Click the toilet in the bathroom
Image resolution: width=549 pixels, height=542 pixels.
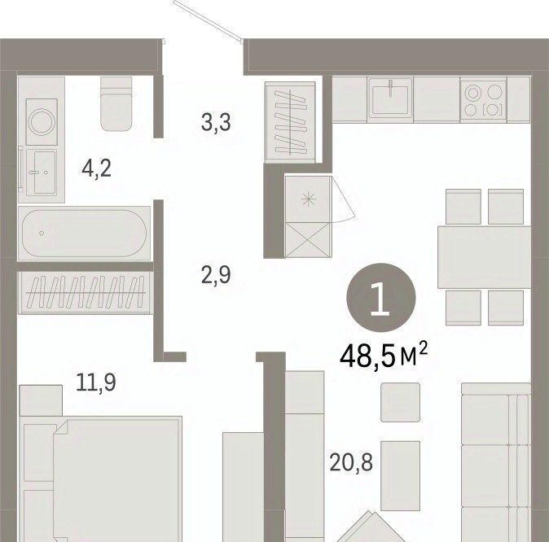click(x=116, y=104)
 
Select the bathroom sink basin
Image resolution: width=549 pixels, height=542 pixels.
click(x=42, y=172)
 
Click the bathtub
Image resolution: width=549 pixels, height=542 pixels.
click(x=84, y=233)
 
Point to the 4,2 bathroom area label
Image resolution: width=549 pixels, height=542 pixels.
click(x=96, y=168)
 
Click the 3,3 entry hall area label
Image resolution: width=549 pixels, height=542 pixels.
click(x=216, y=122)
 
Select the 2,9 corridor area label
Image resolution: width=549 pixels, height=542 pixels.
click(x=216, y=275)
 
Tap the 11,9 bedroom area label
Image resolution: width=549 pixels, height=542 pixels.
click(x=96, y=382)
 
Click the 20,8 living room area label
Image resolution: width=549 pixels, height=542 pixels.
click(x=351, y=462)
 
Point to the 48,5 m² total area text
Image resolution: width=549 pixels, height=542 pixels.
click(x=384, y=356)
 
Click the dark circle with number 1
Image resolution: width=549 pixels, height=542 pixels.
click(x=381, y=298)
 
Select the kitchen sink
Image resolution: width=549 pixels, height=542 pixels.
click(x=390, y=98)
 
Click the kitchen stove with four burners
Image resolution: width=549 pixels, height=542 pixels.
click(x=483, y=100)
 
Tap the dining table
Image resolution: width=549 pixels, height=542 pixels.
click(x=485, y=257)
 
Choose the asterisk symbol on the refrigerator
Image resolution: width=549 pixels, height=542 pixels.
click(x=309, y=200)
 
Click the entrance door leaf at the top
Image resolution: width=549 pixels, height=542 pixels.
click(x=209, y=20)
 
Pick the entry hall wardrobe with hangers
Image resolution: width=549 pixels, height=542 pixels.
click(x=290, y=122)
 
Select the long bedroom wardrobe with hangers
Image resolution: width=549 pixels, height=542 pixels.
click(x=86, y=292)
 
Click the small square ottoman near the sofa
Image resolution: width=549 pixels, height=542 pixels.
click(x=400, y=402)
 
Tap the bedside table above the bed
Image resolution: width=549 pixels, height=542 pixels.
click(x=41, y=400)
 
